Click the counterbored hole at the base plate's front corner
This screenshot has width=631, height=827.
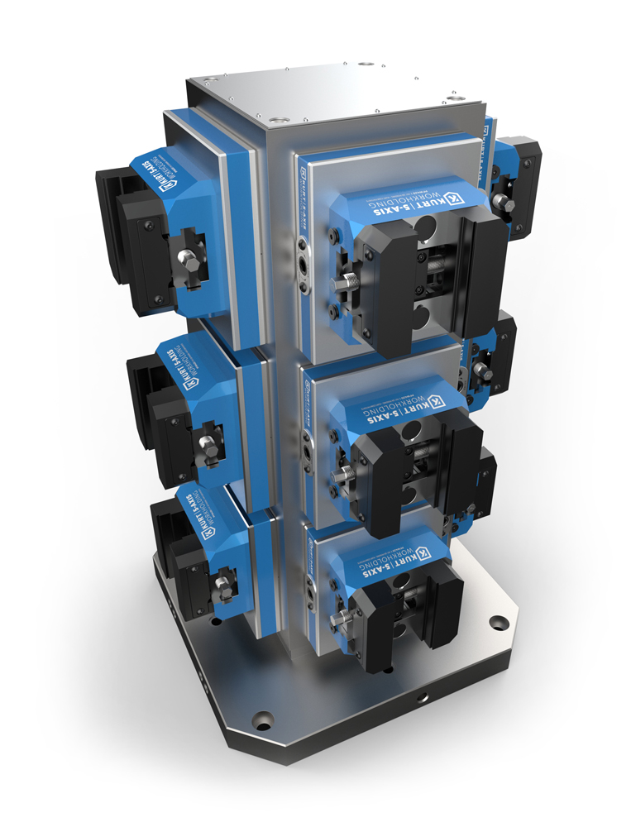[x=263, y=723]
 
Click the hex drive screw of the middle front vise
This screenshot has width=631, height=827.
[x=340, y=475]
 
